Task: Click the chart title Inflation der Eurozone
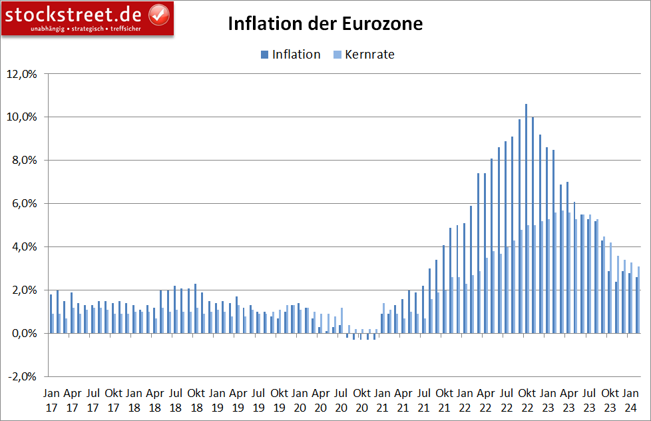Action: click(x=325, y=24)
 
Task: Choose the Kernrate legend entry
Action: click(x=363, y=55)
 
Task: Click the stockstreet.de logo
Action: click(x=87, y=17)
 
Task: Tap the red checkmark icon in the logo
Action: click(x=158, y=13)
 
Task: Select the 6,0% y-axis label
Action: click(x=23, y=204)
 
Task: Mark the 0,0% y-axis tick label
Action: click(x=23, y=333)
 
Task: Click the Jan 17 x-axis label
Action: click(x=51, y=399)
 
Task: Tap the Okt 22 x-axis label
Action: click(x=527, y=399)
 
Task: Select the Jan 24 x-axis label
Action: click(x=630, y=399)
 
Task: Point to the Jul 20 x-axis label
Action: click(x=341, y=399)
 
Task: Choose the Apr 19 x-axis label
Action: click(x=238, y=399)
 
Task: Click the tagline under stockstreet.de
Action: click(x=87, y=29)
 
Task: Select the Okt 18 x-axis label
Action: click(x=196, y=399)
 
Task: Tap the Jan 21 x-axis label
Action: click(x=382, y=399)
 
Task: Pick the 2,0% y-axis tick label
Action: click(x=23, y=290)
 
